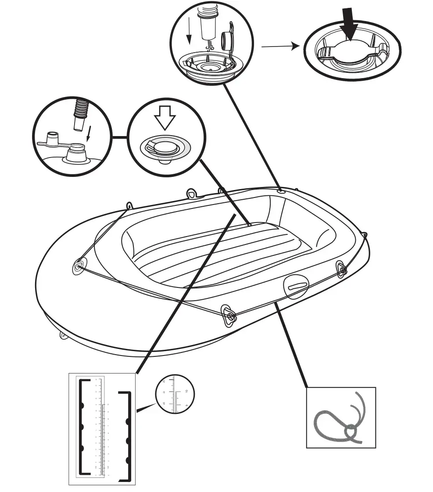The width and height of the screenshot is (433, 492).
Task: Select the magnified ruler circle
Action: (x=175, y=394)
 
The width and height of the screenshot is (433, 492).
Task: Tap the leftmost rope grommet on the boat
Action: (x=79, y=266)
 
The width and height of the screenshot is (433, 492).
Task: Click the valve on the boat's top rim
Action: (x=281, y=191)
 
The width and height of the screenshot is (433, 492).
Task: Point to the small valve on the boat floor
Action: (x=249, y=224)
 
